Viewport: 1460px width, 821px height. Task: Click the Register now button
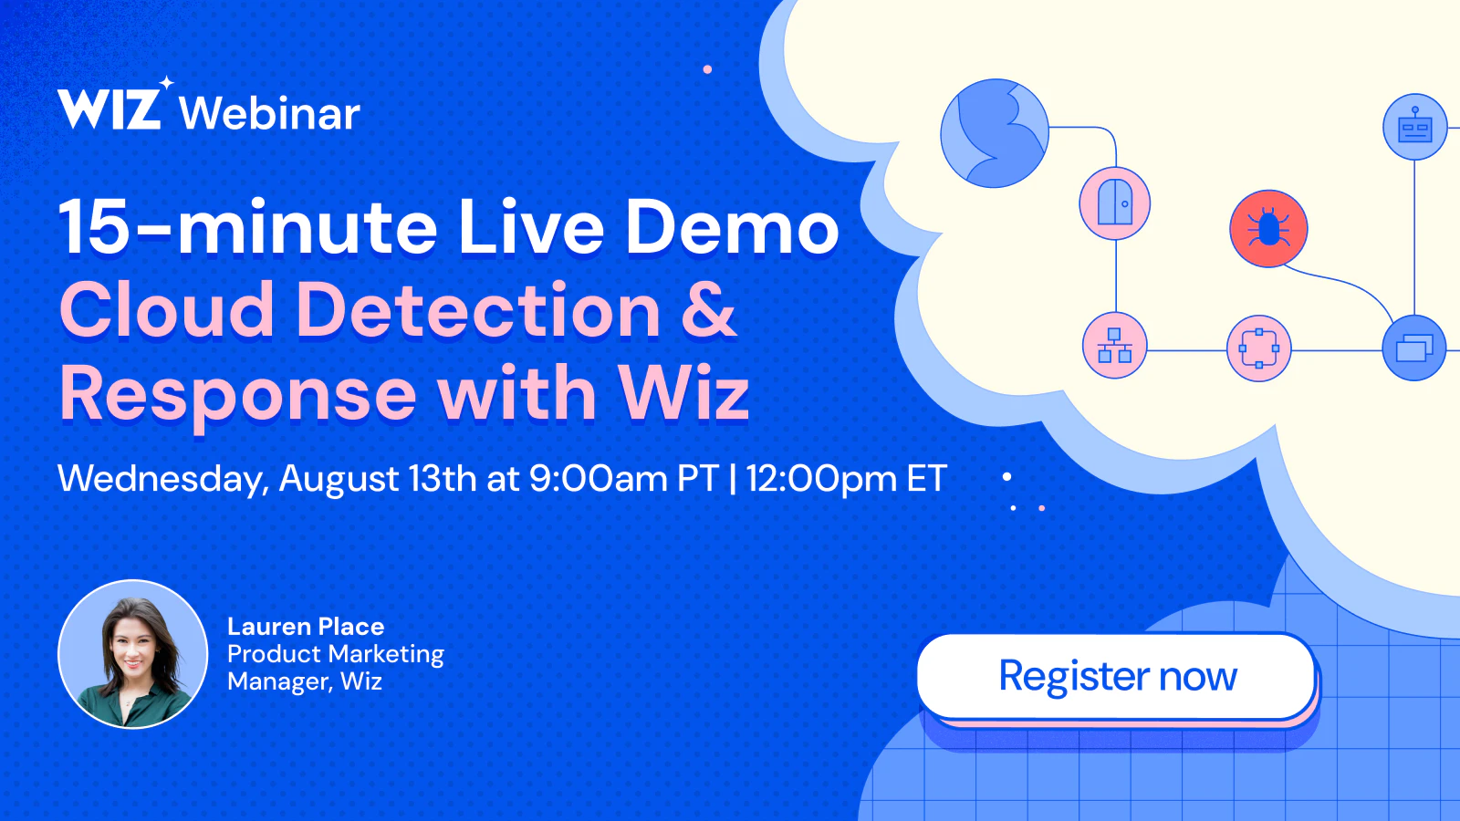(1117, 676)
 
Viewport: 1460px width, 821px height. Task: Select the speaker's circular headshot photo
(133, 653)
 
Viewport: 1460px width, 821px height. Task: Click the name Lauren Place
(306, 626)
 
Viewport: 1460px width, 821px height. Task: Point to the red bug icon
(1268, 229)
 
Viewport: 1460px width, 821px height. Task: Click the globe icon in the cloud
(995, 133)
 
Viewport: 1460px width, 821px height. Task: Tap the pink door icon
(1114, 204)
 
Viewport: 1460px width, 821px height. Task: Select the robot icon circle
(1415, 127)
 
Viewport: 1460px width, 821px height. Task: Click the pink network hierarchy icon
(1114, 346)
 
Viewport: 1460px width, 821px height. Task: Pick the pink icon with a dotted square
(1258, 348)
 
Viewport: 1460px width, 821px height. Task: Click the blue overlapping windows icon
(1414, 348)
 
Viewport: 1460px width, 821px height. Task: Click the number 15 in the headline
(92, 227)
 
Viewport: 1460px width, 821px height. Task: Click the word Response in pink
(238, 395)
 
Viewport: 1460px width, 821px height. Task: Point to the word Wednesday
(163, 480)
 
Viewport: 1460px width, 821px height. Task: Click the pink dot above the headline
(707, 69)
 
